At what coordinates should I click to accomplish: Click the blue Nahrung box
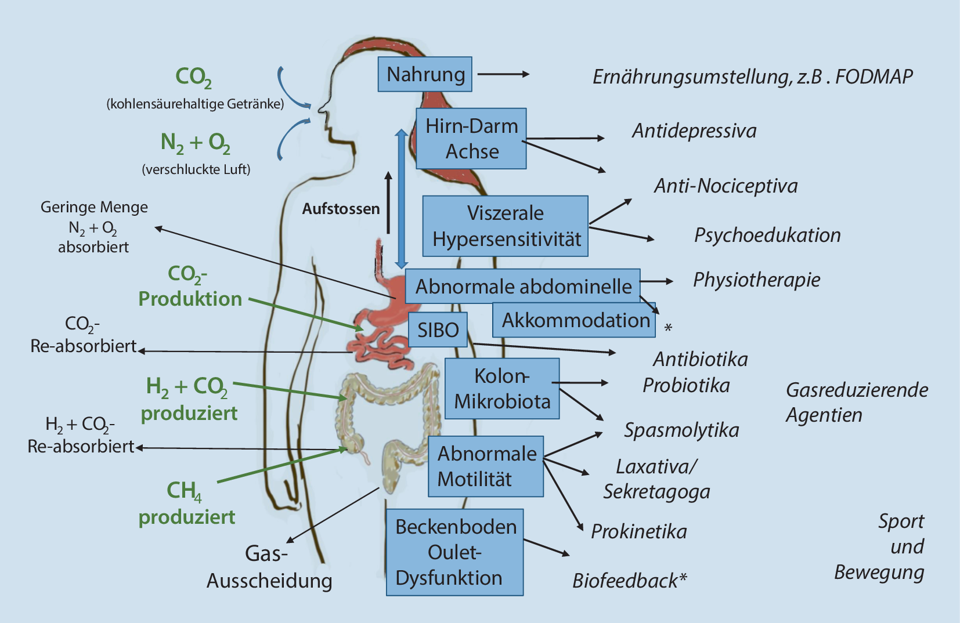click(x=425, y=74)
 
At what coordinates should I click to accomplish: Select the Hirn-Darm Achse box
click(x=471, y=139)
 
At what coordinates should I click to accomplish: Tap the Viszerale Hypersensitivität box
click(x=505, y=226)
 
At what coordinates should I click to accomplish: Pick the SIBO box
click(x=438, y=330)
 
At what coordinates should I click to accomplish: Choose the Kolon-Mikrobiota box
click(x=502, y=389)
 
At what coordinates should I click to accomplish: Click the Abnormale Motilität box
click(x=486, y=466)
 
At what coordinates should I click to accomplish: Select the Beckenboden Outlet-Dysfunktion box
click(x=454, y=552)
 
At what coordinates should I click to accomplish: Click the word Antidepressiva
click(x=694, y=131)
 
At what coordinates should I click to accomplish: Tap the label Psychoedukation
click(x=767, y=236)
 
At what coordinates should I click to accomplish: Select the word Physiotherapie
click(x=757, y=280)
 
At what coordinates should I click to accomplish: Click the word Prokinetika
click(x=638, y=532)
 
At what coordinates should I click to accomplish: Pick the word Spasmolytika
click(x=681, y=430)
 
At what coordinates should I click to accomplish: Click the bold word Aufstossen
click(x=341, y=209)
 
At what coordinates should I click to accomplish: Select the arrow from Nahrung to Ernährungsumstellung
click(x=503, y=74)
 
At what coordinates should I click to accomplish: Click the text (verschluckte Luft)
click(x=196, y=170)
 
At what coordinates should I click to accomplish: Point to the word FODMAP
click(x=874, y=77)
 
